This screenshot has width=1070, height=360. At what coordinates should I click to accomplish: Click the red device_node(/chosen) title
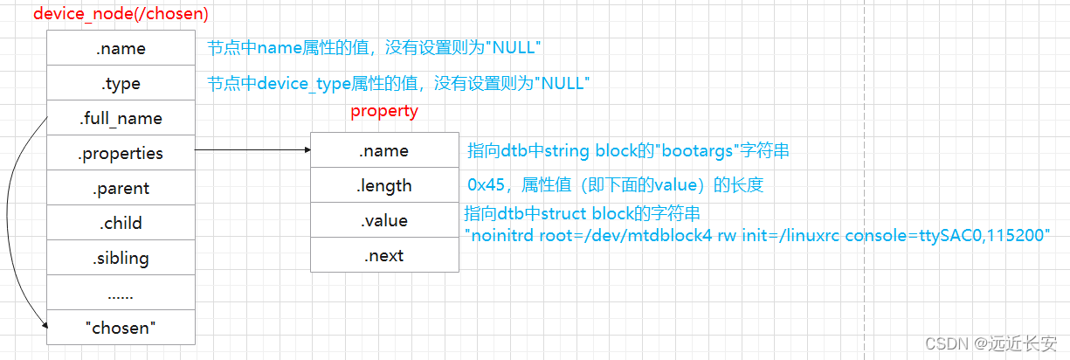coord(121,15)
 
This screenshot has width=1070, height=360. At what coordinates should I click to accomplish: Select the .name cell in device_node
coord(121,49)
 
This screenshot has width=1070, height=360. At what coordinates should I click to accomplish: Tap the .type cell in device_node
coord(121,84)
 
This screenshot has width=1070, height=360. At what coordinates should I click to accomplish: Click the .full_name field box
coord(121,118)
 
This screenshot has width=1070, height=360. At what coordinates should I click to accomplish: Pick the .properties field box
coord(121,153)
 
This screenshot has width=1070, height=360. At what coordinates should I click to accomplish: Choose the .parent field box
coord(121,188)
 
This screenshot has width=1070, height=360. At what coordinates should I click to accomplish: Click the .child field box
coord(121,223)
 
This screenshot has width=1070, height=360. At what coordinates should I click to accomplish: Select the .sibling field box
coord(121,258)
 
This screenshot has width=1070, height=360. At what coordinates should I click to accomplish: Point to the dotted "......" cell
coord(121,293)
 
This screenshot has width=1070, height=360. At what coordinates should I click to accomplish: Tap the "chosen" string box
coord(121,328)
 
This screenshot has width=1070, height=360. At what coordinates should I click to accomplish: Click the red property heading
coord(384,111)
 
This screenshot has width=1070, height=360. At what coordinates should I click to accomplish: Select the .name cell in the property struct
coord(384,151)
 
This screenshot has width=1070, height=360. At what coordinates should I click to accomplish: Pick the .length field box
coord(384,185)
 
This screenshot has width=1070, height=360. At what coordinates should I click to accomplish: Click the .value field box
coord(384,220)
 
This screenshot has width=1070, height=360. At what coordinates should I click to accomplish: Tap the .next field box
coord(384,255)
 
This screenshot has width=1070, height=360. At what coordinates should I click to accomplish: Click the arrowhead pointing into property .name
coord(307,150)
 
